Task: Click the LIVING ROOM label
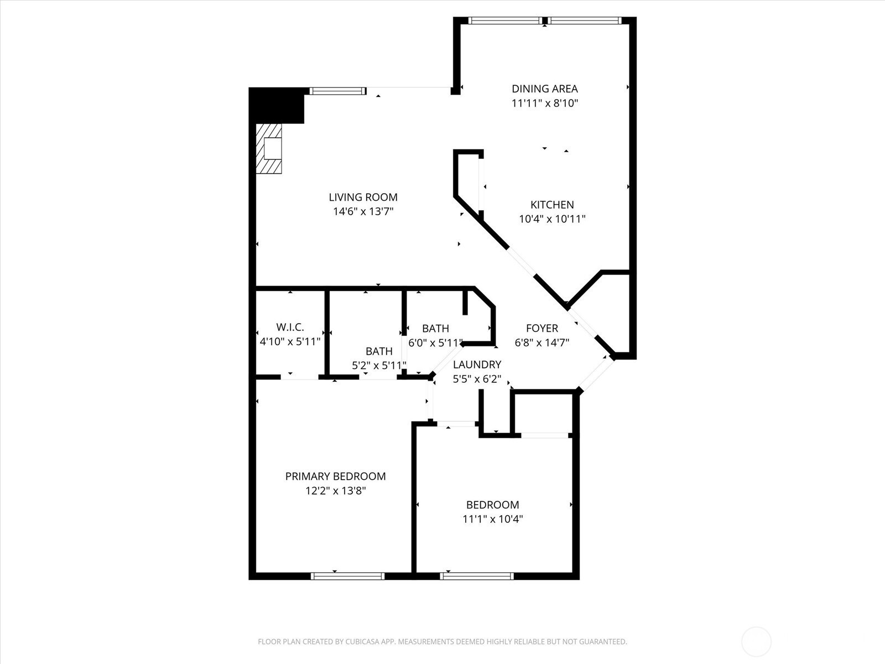click(363, 197)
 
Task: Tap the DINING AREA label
click(545, 89)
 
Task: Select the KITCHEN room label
click(552, 205)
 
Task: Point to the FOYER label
click(542, 328)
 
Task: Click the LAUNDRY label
click(477, 365)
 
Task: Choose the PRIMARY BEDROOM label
click(335, 476)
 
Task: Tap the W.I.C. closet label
click(290, 327)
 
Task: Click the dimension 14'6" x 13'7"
click(363, 211)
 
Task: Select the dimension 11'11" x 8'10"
click(545, 103)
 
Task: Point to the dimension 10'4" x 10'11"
click(552, 219)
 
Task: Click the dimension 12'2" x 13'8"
click(335, 491)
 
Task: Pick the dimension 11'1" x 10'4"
click(492, 519)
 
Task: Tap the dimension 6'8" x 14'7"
click(542, 343)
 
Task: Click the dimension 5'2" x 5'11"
click(379, 366)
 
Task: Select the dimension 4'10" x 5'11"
click(290, 341)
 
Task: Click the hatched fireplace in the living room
click(268, 148)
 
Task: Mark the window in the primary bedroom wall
click(347, 576)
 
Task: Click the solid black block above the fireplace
click(277, 105)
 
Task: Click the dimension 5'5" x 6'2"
click(477, 379)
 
